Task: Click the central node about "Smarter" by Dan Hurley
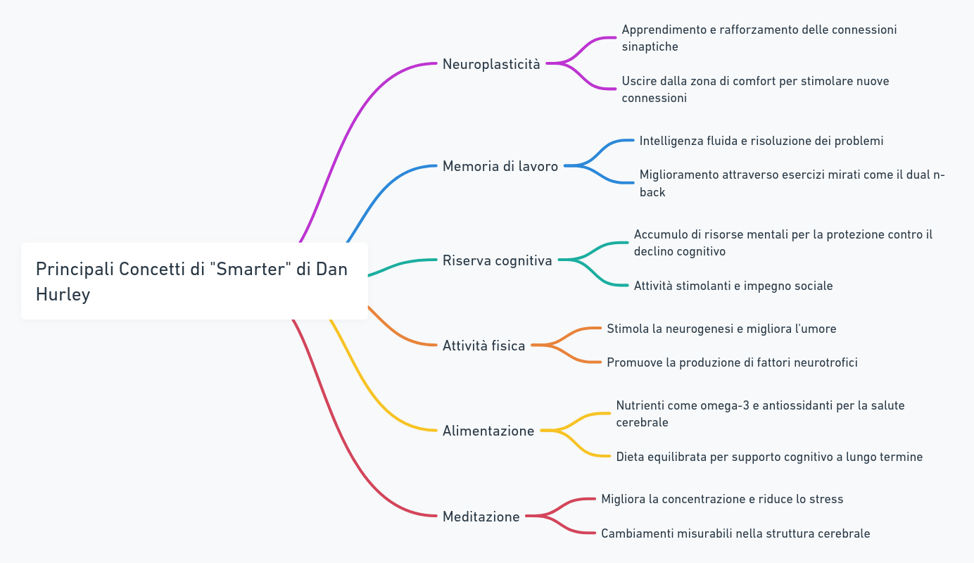[x=194, y=281]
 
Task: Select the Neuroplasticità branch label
[x=491, y=64]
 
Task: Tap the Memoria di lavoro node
[x=500, y=166]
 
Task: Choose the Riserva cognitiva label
[x=497, y=260]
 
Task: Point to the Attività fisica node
[x=483, y=346]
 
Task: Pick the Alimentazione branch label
[x=488, y=431]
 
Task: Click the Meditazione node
[x=481, y=517]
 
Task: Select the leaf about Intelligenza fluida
[x=761, y=141]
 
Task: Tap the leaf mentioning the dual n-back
[x=791, y=183]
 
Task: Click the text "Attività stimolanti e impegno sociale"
[x=733, y=286]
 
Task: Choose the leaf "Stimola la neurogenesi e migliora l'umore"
[x=721, y=329]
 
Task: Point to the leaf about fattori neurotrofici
[x=731, y=362]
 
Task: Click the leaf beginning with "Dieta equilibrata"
[x=769, y=457]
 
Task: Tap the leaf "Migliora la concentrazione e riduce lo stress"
[x=721, y=499]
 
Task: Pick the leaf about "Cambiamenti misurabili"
[x=735, y=533]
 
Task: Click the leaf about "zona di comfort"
[x=754, y=89]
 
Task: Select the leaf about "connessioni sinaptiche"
[x=759, y=38]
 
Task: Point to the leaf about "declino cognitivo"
[x=783, y=243]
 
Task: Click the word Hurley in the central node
[x=63, y=294]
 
